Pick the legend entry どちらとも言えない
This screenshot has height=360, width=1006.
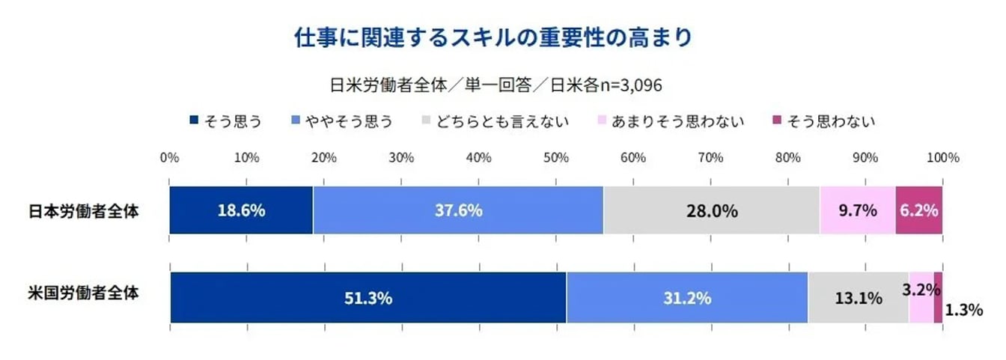(x=496, y=120)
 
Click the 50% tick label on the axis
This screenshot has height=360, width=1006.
(x=555, y=158)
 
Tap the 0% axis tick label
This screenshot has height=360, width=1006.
(x=170, y=158)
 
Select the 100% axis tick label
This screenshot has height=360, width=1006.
(x=942, y=158)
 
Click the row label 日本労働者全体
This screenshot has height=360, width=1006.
(x=83, y=210)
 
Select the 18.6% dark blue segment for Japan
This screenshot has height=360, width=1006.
(x=241, y=210)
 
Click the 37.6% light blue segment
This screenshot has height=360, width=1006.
(x=458, y=210)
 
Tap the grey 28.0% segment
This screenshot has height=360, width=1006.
(x=711, y=210)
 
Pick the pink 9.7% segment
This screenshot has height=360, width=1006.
(x=857, y=210)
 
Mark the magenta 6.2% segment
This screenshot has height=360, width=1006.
(x=918, y=210)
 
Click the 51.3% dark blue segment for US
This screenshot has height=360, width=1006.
(x=368, y=298)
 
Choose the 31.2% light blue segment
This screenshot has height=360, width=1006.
(x=686, y=298)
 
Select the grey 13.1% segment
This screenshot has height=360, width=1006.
(x=858, y=298)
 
